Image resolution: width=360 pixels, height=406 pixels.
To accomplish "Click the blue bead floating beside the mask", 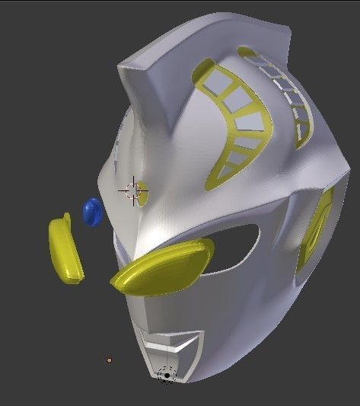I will pyautogui.click(x=92, y=212).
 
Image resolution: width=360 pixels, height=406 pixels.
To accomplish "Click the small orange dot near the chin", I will pyautogui.click(x=110, y=360).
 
